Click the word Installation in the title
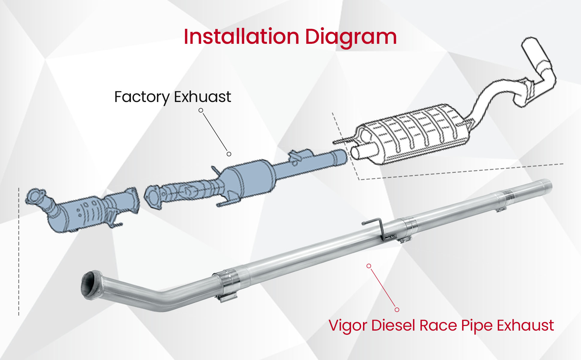pos(241,37)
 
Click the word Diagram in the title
pos(351,37)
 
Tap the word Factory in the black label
pos(142,97)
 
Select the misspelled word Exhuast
pos(202,97)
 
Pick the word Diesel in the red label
pos(393,325)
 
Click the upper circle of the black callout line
pos(201,110)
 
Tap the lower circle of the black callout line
pos(229,154)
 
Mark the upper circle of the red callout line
pos(369,266)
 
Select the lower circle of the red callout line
pos(397,310)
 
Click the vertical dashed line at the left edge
pos(19,252)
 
